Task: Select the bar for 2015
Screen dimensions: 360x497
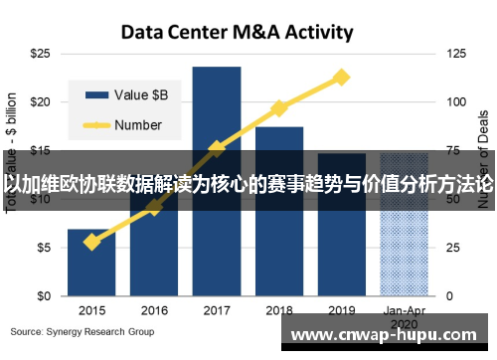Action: [91, 264]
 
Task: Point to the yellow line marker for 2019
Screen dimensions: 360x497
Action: [342, 77]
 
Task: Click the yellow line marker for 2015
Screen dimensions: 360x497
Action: [91, 242]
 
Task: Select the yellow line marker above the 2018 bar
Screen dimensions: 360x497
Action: [279, 107]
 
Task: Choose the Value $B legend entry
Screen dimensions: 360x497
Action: [129, 95]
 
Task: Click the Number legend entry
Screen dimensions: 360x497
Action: [125, 125]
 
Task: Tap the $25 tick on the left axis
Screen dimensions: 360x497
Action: [41, 53]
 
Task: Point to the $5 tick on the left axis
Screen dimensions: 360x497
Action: [44, 248]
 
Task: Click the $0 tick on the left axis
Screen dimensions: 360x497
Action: [44, 296]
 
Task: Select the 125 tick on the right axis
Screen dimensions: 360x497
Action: [457, 53]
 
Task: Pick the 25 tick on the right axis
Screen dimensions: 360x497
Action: [454, 248]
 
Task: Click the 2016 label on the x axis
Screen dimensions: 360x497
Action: [154, 309]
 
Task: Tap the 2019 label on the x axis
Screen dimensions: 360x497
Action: [342, 309]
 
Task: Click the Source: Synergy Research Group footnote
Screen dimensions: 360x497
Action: [83, 331]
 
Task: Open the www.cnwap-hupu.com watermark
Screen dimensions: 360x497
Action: [388, 335]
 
